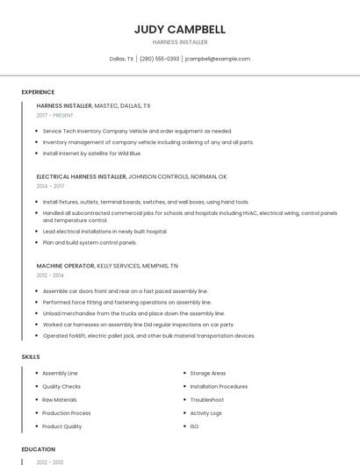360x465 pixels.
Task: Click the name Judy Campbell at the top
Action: point(179,29)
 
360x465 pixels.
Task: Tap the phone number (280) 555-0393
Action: point(159,59)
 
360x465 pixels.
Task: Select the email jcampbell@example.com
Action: point(218,59)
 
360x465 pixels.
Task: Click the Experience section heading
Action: point(38,92)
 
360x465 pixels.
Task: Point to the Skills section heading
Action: point(31,357)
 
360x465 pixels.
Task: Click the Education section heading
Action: point(38,449)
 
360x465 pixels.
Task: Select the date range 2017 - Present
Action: point(54,115)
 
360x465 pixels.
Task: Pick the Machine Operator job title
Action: point(65,265)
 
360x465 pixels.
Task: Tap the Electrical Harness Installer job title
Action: point(82,176)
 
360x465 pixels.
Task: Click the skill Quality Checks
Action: point(61,386)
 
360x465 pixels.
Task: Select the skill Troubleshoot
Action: point(207,399)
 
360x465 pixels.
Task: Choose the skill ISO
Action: point(194,426)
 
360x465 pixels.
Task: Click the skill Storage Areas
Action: point(208,373)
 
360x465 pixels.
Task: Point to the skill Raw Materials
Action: point(60,399)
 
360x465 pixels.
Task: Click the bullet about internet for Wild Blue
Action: point(91,154)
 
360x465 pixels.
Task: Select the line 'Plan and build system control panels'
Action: point(90,242)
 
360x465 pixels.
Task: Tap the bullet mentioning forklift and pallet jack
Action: point(148,335)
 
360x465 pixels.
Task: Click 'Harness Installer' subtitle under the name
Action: point(179,41)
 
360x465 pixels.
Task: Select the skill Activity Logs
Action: point(206,413)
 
